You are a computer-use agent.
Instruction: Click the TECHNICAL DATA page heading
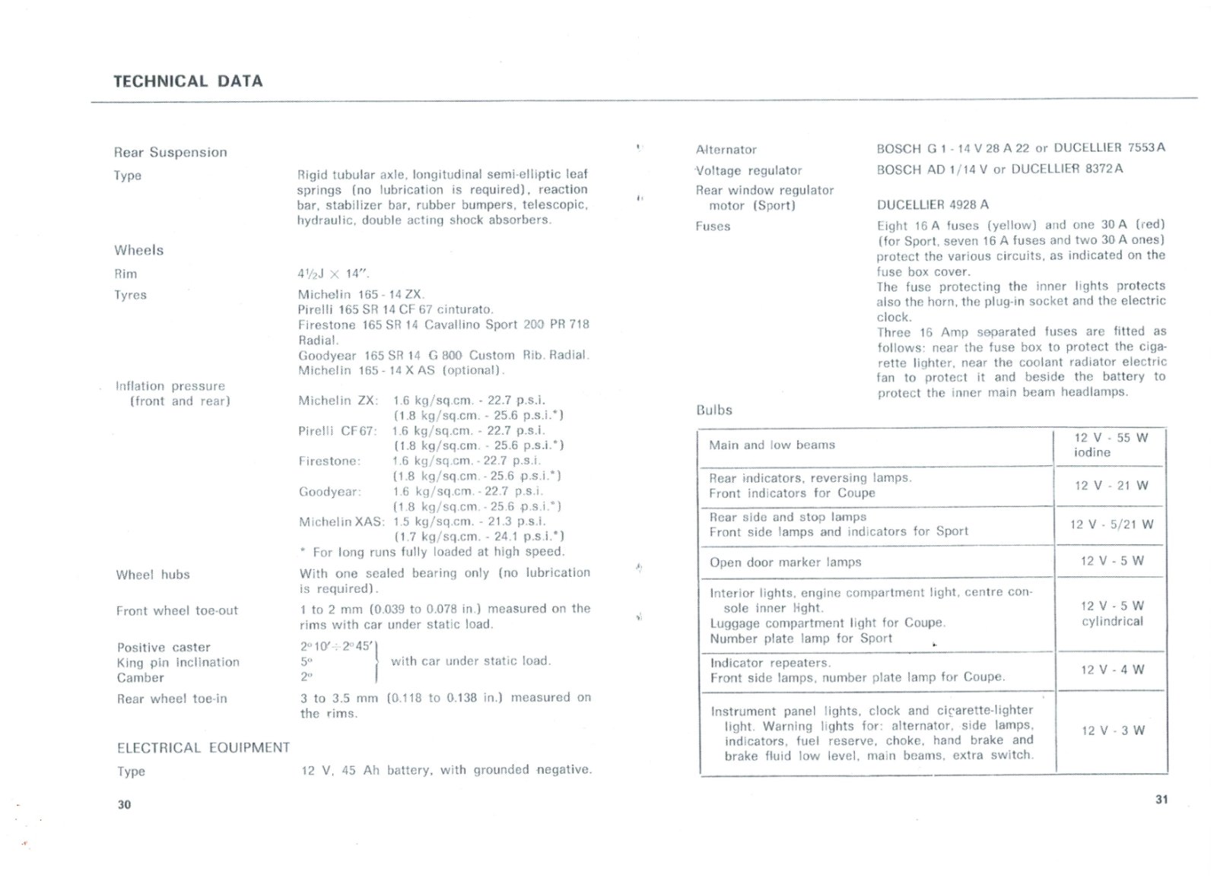click(188, 81)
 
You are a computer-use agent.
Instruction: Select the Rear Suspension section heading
click(170, 152)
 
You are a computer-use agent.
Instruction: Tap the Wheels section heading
click(139, 250)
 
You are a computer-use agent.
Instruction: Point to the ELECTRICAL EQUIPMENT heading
click(203, 748)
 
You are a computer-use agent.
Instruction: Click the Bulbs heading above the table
click(714, 410)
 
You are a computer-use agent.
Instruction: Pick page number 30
click(125, 804)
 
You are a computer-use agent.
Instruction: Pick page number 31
click(1161, 799)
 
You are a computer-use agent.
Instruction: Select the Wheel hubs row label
click(153, 575)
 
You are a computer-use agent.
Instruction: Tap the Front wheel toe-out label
click(177, 610)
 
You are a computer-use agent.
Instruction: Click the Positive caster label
click(164, 648)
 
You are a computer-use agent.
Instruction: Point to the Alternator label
click(726, 150)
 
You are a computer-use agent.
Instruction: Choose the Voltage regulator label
click(748, 170)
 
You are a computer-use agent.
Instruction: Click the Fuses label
click(713, 227)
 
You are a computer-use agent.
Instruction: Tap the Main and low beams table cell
click(772, 445)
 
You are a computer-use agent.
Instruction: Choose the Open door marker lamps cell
click(785, 562)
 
